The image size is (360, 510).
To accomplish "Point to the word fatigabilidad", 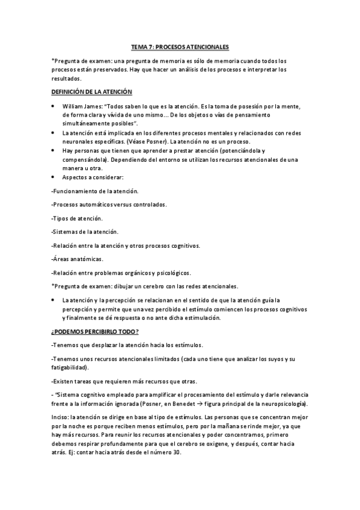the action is pos(69,367).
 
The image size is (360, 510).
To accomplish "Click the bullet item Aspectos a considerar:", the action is pos(93,177).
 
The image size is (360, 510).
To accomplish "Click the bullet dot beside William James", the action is pos(54,106).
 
